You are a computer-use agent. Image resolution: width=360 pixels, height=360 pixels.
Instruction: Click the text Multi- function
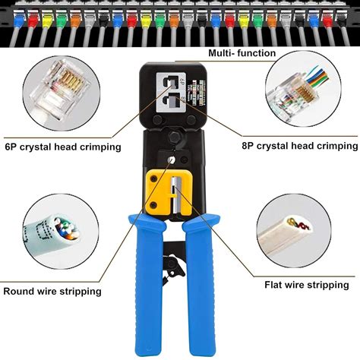point(242,53)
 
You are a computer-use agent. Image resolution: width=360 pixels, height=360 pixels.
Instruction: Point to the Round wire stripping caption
point(52,291)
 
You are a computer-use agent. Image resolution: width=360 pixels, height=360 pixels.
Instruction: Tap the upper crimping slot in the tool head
point(170,81)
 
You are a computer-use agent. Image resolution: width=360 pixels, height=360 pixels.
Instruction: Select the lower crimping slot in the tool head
point(170,103)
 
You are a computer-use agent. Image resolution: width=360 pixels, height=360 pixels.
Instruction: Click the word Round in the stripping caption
point(20,291)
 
